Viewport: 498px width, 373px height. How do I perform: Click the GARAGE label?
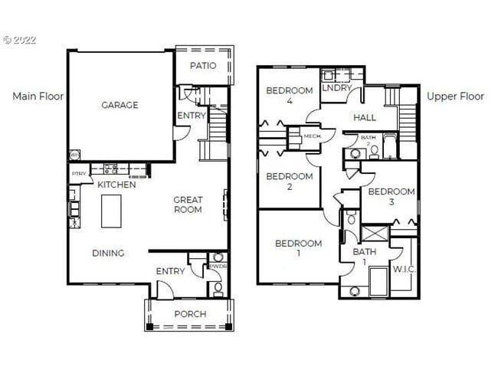click(120, 105)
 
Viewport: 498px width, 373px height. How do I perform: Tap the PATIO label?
click(203, 66)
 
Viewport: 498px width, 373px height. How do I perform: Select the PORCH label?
click(189, 314)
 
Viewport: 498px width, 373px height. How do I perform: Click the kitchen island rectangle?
click(113, 210)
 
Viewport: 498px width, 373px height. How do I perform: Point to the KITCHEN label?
click(116, 185)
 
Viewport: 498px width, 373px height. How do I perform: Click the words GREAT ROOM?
click(188, 204)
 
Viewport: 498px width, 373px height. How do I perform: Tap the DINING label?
click(108, 254)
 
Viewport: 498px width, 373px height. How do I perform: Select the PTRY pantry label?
click(78, 174)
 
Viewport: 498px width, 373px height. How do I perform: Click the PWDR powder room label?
click(218, 267)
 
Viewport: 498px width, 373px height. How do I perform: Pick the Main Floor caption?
click(38, 97)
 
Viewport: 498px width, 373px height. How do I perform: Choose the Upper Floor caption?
click(455, 97)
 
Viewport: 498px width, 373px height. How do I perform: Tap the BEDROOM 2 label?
click(289, 182)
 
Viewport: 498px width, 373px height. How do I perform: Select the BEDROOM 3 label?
click(391, 197)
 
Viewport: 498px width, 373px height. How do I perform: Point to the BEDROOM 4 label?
click(289, 96)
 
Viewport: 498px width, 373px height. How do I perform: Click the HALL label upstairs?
click(364, 117)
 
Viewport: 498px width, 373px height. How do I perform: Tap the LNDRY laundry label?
click(336, 89)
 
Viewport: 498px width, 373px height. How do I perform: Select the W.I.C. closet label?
click(403, 269)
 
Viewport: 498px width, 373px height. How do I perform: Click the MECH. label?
click(312, 136)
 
